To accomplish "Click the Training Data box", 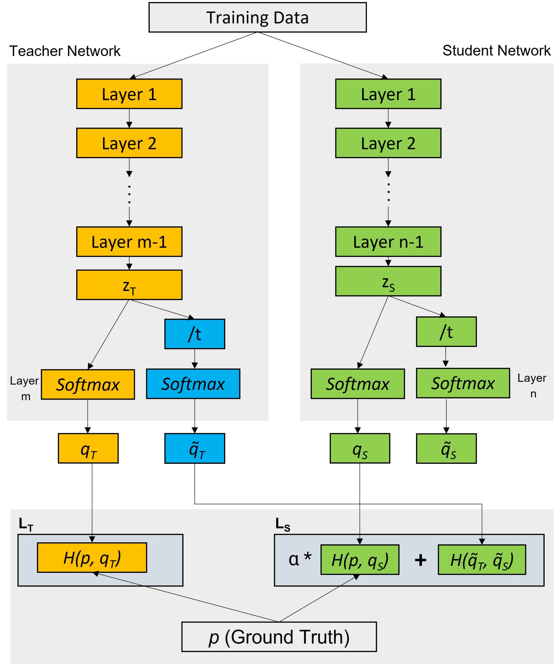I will [258, 17].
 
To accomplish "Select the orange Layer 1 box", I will [129, 94].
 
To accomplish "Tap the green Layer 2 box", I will [388, 143].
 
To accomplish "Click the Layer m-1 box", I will [129, 242].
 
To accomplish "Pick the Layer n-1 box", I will [388, 242].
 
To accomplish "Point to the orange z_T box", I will [129, 285].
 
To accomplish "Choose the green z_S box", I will [388, 281].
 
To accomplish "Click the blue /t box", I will [195, 334].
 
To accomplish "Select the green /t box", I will [446, 332].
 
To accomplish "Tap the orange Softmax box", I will [88, 384].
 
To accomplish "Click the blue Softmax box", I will [193, 384].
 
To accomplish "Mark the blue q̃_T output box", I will [195, 448].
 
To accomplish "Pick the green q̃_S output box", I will [446, 449].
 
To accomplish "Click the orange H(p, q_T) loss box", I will [92, 558].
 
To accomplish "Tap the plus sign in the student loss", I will [420, 560].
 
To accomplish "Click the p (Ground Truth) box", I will [279, 637].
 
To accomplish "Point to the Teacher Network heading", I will [65, 51].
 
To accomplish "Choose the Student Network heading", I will [496, 51].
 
